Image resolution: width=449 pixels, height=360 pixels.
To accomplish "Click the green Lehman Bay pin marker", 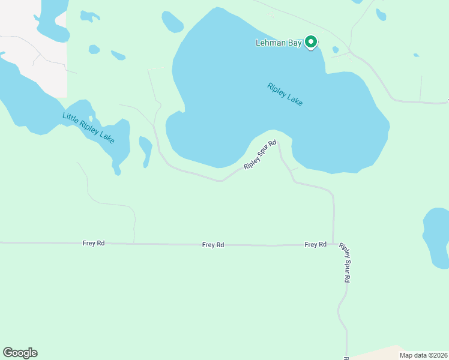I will [x=311, y=42].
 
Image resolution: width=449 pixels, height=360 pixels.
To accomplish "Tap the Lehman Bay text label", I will [x=278, y=43].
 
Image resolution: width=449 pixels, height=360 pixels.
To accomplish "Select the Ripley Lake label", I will [x=285, y=95].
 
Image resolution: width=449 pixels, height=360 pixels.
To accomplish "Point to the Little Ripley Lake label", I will [x=88, y=127].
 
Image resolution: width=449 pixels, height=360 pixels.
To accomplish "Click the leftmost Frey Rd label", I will [x=94, y=243].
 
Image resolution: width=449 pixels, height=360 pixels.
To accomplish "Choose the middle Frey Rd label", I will [x=213, y=245].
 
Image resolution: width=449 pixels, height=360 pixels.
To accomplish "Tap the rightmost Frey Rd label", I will [x=315, y=244].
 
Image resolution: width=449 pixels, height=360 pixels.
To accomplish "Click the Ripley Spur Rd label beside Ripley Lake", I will [x=260, y=155].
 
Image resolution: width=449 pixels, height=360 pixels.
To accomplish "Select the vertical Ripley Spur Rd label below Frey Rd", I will [x=345, y=263].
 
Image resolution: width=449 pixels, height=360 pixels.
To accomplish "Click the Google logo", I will [x=20, y=353].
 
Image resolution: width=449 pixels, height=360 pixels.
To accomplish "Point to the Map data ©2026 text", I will [x=423, y=355].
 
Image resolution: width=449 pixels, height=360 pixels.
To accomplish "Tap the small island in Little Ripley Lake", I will [x=91, y=118].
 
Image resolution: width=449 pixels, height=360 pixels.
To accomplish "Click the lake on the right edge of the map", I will [x=437, y=237].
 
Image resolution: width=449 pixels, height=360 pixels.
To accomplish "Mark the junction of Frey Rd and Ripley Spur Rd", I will [x=333, y=244].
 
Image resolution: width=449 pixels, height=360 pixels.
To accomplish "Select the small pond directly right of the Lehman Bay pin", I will [x=335, y=50].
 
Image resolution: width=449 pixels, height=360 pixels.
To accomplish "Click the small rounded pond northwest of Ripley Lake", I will [x=172, y=22].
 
